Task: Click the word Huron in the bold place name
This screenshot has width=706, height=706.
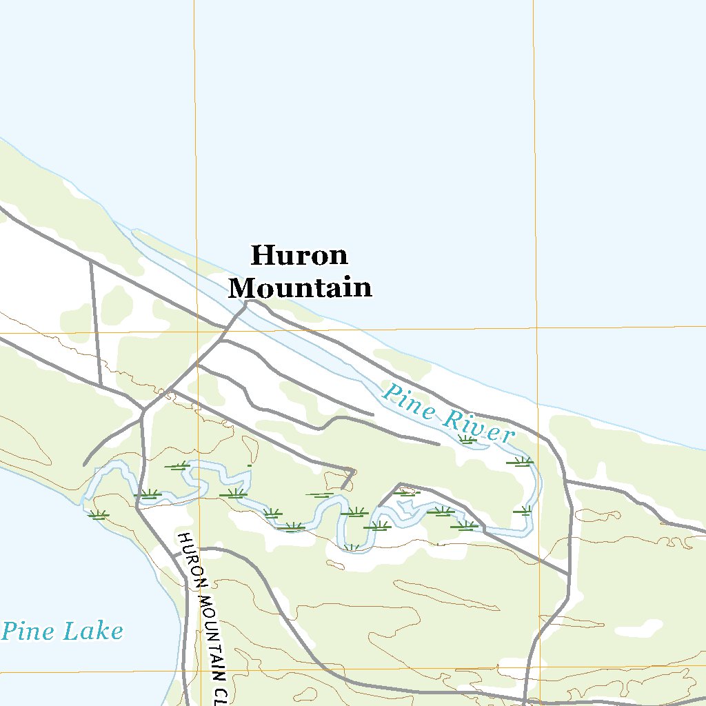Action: point(299,256)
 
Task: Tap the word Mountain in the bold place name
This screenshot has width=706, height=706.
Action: point(300,288)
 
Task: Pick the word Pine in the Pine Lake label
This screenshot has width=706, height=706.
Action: point(28,631)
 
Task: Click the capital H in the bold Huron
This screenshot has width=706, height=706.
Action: point(259,256)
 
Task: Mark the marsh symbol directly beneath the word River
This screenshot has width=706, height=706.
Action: point(467,439)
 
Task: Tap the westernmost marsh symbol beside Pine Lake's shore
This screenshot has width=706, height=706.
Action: point(99,514)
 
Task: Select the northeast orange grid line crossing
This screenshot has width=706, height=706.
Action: point(535,328)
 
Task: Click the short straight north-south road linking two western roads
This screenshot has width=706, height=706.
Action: point(96,323)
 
